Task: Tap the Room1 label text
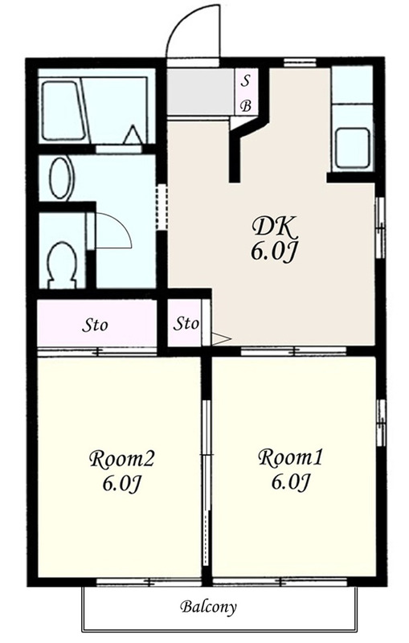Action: tap(291, 457)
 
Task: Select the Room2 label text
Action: tap(121, 459)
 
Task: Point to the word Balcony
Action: tap(208, 607)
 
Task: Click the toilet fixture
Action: tap(63, 264)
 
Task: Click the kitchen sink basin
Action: tap(353, 147)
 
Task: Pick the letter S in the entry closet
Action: tap(245, 81)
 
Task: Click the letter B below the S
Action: tap(246, 106)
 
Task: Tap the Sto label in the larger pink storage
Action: tap(95, 326)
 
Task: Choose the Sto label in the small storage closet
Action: tap(186, 324)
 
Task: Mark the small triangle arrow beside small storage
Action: tap(222, 338)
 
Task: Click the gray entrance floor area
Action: tap(201, 92)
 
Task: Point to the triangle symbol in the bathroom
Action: tap(133, 134)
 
